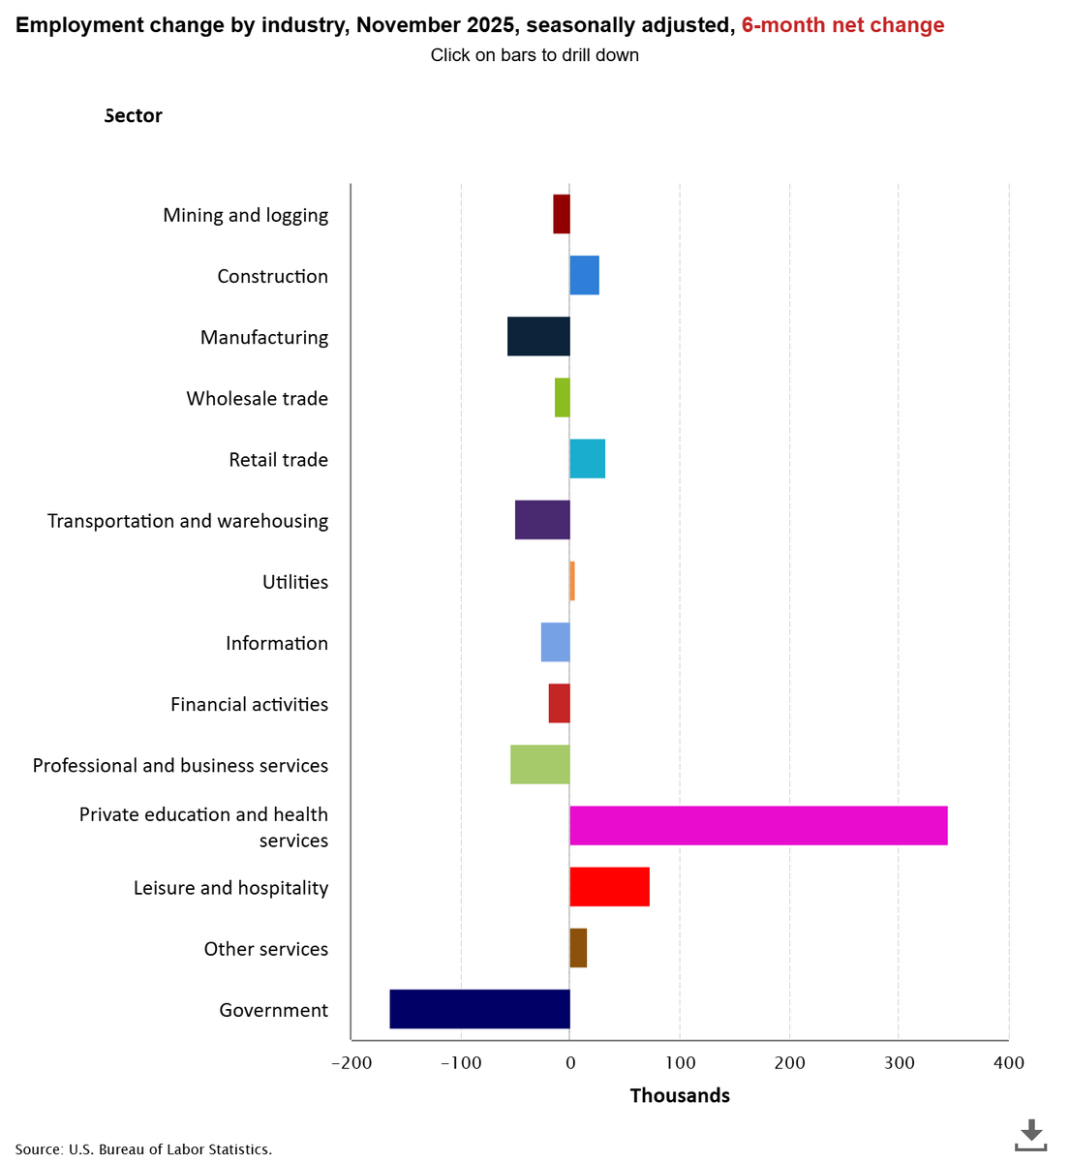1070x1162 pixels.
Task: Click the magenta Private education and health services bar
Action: point(758,825)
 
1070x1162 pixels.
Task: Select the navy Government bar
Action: point(479,1009)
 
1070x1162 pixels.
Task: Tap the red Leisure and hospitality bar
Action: point(609,886)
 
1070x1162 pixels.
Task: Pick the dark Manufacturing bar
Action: point(538,336)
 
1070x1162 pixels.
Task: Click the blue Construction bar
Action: point(584,275)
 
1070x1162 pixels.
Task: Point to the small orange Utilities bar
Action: point(572,581)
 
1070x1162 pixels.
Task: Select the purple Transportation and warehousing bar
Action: point(542,520)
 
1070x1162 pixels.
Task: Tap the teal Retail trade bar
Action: point(587,458)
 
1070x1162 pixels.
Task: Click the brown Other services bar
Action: point(578,948)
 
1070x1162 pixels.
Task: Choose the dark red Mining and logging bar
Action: point(562,214)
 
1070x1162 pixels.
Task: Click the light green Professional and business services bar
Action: point(539,764)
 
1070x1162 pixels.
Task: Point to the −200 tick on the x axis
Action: point(351,1062)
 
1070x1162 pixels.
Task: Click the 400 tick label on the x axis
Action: point(1008,1062)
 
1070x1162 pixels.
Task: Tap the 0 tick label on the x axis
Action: point(569,1062)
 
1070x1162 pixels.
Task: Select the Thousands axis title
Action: point(680,1095)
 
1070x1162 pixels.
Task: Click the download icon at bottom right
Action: point(1031,1135)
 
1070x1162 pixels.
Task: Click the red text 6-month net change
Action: point(842,25)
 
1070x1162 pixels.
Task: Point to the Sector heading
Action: point(134,115)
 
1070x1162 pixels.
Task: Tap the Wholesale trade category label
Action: point(257,398)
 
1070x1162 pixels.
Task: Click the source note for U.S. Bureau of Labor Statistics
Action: point(143,1149)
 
